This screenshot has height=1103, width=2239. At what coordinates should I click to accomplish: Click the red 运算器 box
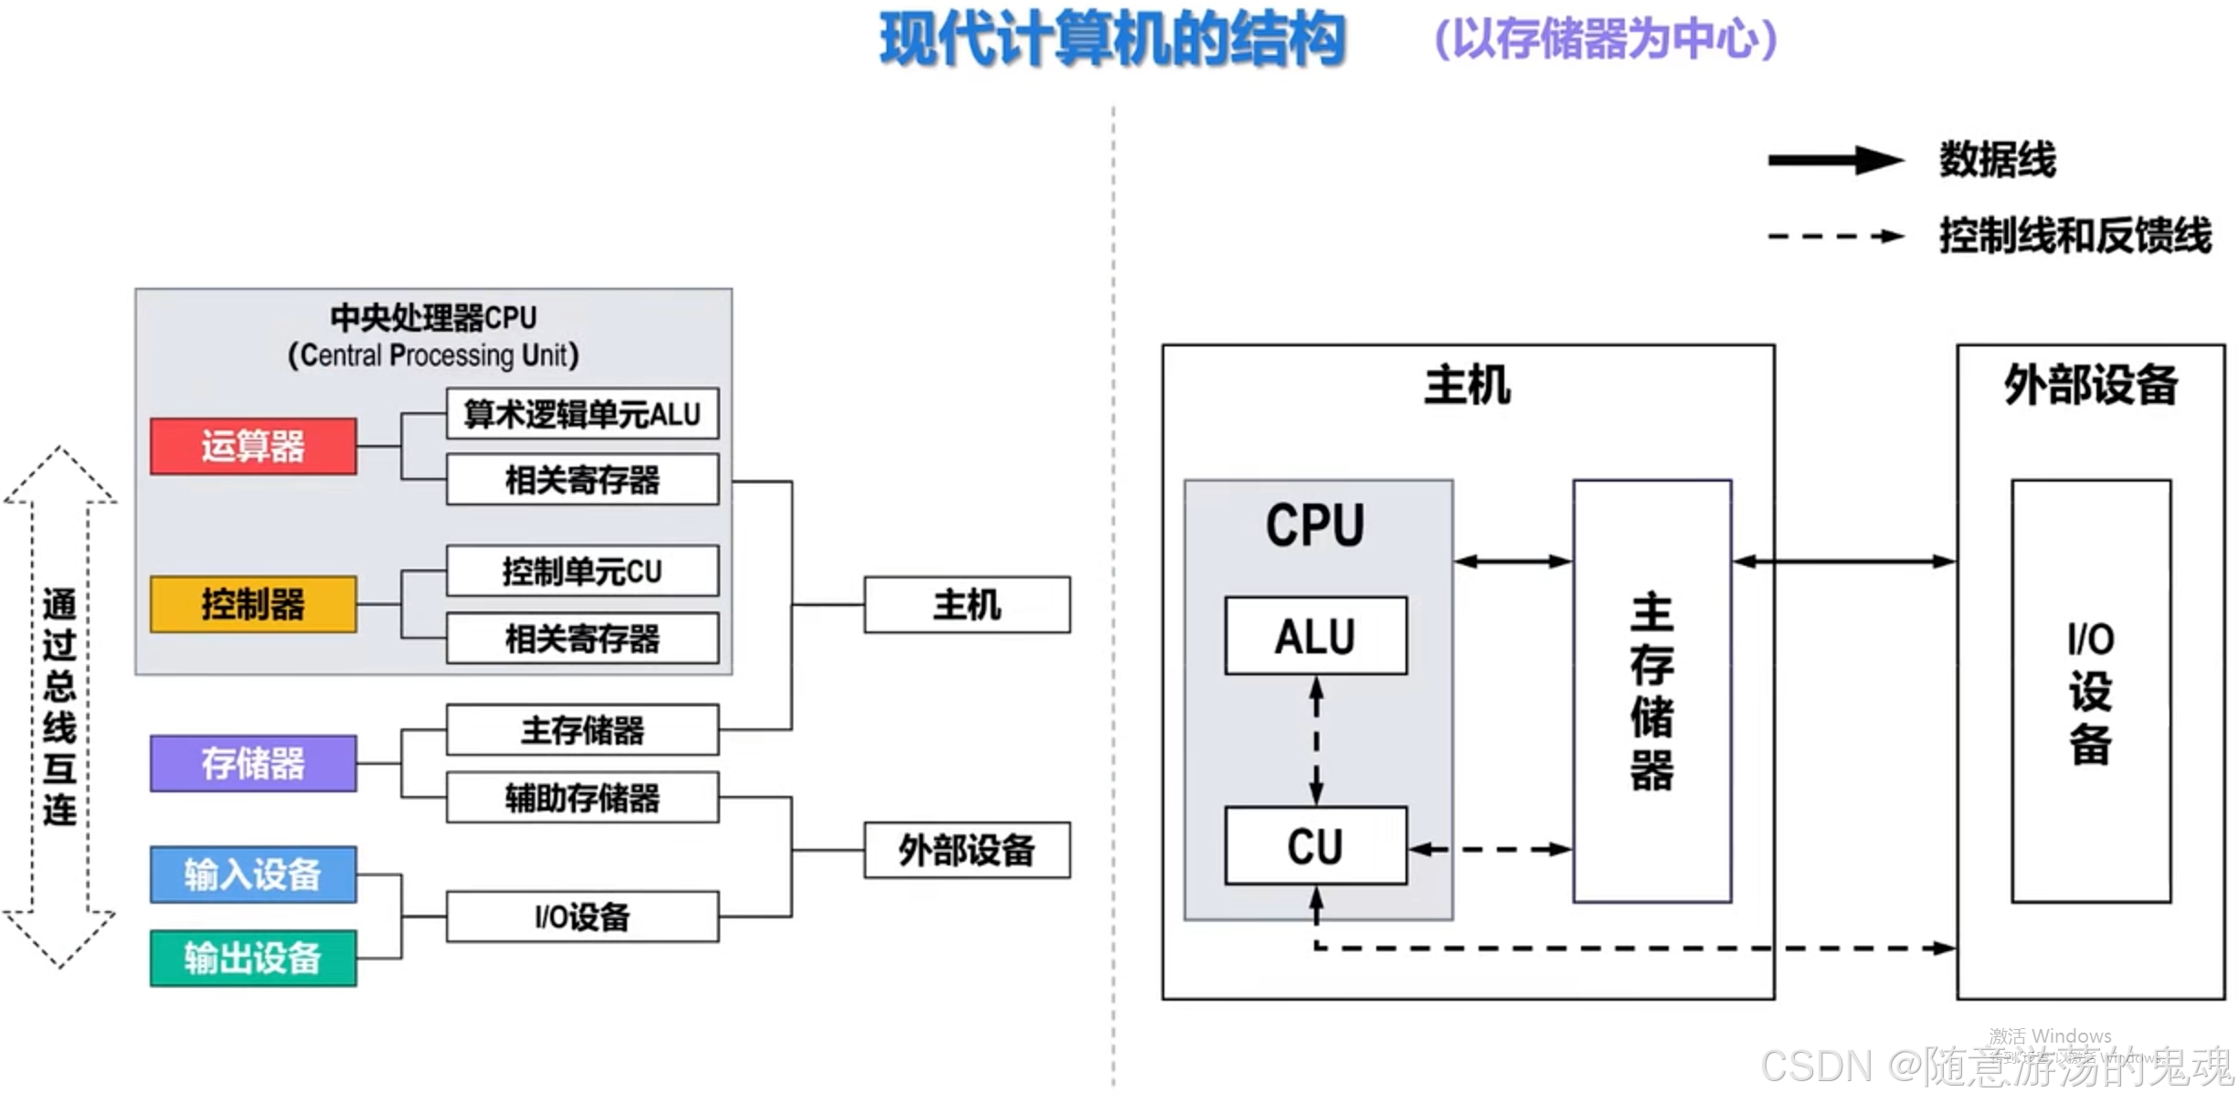pyautogui.click(x=253, y=446)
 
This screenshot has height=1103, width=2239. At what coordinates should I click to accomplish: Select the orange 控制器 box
pyautogui.click(x=253, y=604)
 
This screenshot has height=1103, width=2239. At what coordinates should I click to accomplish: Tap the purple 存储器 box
pyautogui.click(x=253, y=763)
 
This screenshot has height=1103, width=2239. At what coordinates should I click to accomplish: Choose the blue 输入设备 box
pyautogui.click(x=253, y=875)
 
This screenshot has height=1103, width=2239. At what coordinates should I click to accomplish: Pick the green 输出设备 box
pyautogui.click(x=253, y=958)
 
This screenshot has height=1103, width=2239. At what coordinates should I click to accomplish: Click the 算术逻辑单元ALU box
pyautogui.click(x=582, y=414)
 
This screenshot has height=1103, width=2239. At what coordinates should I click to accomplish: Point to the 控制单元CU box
pyautogui.click(x=582, y=571)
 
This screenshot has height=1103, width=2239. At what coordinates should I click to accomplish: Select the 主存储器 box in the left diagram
pyautogui.click(x=582, y=729)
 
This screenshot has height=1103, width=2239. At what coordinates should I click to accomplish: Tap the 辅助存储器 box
pyautogui.click(x=582, y=798)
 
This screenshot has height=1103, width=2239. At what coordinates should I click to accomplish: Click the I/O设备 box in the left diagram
pyautogui.click(x=582, y=917)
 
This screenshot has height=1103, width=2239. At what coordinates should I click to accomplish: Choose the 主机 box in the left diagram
pyautogui.click(x=967, y=604)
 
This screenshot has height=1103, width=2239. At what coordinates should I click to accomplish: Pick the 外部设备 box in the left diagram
pyautogui.click(x=967, y=850)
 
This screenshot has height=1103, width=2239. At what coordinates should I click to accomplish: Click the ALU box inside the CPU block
pyautogui.click(x=1316, y=636)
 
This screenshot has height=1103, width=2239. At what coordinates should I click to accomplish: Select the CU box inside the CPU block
pyautogui.click(x=1316, y=845)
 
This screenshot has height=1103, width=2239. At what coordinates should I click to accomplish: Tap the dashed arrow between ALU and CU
pyautogui.click(x=1316, y=740)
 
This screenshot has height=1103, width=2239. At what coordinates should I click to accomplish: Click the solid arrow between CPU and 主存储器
pyautogui.click(x=1512, y=561)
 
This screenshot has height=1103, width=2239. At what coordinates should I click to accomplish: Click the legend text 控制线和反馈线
pyautogui.click(x=2075, y=236)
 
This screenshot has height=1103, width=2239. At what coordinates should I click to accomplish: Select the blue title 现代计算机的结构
pyautogui.click(x=1112, y=40)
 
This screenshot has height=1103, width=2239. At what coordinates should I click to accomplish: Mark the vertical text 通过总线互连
pyautogui.click(x=59, y=706)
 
